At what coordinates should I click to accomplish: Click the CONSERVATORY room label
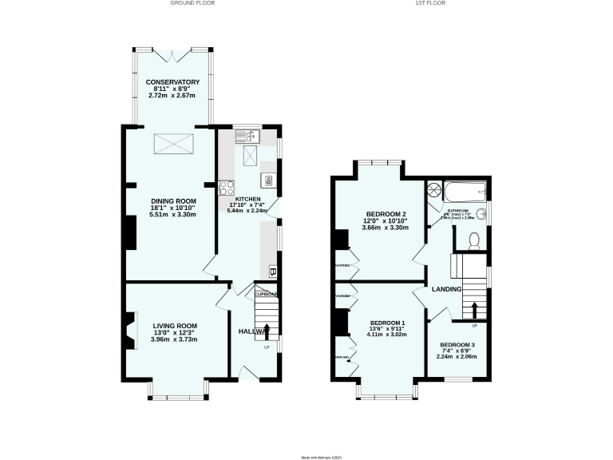(172, 81)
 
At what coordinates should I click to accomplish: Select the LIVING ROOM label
(174, 326)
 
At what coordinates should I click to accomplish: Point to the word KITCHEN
(247, 197)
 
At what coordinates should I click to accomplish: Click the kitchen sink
(246, 136)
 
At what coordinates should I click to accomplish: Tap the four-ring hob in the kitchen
(226, 188)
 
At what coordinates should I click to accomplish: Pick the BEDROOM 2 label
(387, 214)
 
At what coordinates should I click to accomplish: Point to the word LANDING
(447, 289)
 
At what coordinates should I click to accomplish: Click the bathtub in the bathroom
(464, 190)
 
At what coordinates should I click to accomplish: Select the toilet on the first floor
(473, 239)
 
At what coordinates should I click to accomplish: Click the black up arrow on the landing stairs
(475, 308)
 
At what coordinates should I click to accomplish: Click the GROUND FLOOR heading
(192, 3)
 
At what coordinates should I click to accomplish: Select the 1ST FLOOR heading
(430, 3)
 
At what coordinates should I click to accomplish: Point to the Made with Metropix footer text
(306, 456)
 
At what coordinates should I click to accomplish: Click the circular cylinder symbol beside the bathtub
(435, 189)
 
